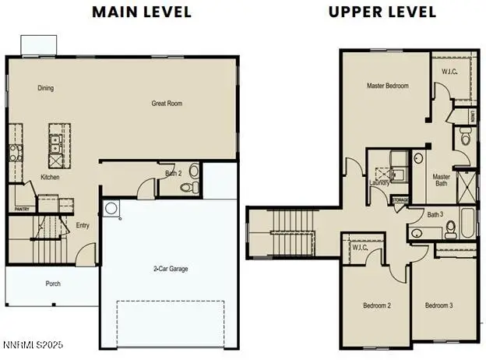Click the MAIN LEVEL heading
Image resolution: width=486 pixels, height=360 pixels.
point(141,12)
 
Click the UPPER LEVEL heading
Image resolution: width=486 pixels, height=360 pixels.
point(372,12)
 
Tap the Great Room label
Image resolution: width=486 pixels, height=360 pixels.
point(167,103)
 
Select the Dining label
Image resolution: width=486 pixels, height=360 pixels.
point(46,88)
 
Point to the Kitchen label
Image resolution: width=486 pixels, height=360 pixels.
point(50,177)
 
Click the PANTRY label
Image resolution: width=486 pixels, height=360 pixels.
point(22,209)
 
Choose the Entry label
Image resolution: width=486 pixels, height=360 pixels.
point(83,226)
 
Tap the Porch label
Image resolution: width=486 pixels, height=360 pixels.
point(52,284)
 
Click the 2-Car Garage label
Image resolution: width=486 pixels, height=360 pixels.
point(170,269)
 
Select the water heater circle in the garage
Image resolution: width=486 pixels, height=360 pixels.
point(111,208)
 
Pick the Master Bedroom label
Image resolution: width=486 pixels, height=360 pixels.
point(387,86)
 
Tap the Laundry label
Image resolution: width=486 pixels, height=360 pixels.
point(380,182)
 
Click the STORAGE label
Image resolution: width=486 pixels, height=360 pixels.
point(400,199)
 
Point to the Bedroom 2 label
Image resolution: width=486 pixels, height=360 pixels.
point(376,305)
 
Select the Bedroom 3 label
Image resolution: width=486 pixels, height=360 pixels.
point(438,305)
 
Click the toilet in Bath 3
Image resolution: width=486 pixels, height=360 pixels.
point(451,228)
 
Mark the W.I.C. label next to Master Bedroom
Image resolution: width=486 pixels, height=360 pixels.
point(449,73)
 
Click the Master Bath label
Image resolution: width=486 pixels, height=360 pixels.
point(442,181)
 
